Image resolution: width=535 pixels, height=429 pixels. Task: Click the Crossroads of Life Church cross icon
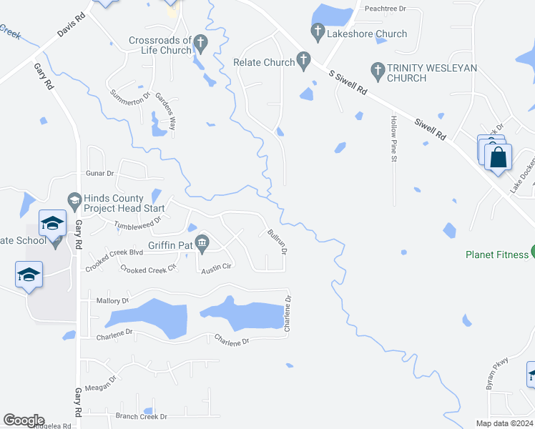point(201,44)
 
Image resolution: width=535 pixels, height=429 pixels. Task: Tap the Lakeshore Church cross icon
point(318,32)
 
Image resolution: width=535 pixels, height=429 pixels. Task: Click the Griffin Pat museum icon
point(202,245)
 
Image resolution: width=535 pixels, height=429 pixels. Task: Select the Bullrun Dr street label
point(278,242)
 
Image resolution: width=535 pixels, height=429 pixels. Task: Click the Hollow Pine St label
point(393,139)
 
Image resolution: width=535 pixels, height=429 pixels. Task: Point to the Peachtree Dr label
point(385,9)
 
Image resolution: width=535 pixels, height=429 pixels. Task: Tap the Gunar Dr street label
point(100,174)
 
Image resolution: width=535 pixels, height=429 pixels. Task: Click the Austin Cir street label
point(217,269)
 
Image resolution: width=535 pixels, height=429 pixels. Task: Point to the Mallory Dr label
point(112,302)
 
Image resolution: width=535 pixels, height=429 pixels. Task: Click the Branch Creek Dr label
point(142,416)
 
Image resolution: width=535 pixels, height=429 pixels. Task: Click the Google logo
point(23,420)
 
